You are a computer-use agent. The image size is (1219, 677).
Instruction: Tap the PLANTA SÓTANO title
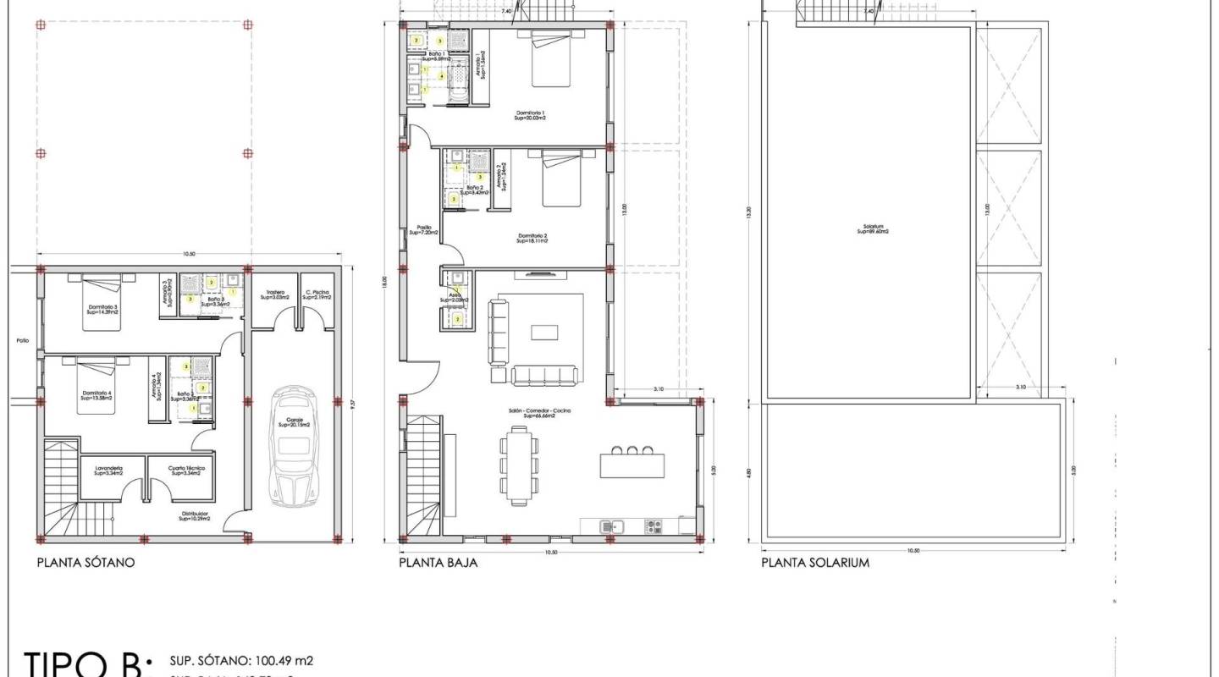coord(85,562)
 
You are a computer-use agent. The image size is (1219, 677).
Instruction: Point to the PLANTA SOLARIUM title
coord(814,562)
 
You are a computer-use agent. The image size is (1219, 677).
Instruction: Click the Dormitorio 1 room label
coord(532,115)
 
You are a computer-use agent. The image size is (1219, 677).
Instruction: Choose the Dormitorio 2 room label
coord(532,238)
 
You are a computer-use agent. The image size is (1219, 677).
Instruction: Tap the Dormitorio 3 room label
coord(101,310)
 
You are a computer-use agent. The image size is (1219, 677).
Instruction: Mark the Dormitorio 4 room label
coord(96,395)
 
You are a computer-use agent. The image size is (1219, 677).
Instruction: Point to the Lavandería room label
coord(108,471)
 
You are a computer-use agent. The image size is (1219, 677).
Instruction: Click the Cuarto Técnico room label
coord(185,471)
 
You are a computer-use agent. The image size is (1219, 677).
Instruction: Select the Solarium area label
coord(874,228)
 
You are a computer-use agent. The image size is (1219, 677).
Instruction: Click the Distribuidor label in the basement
coord(194,516)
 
